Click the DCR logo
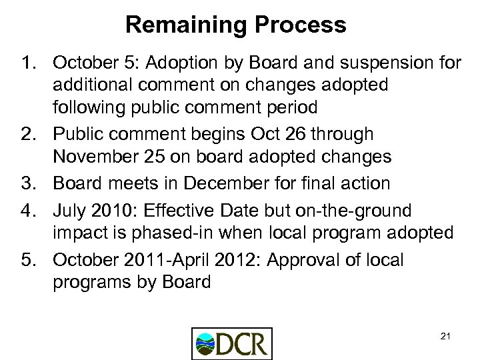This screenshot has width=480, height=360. click(231, 343)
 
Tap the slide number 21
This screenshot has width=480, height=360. click(445, 336)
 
